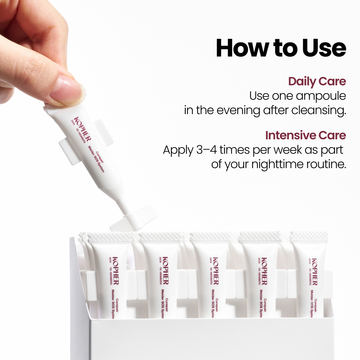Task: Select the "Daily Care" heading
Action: pos(317,81)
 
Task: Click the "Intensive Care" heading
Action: pos(306,135)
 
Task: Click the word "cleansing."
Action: pos(319,110)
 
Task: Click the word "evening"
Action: pos(238,111)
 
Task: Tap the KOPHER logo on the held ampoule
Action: pos(82,129)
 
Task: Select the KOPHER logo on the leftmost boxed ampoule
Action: pos(116,271)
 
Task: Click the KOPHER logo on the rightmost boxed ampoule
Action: pos(314,272)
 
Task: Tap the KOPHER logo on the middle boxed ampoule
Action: pos(216,271)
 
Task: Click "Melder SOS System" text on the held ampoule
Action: pos(96,158)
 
